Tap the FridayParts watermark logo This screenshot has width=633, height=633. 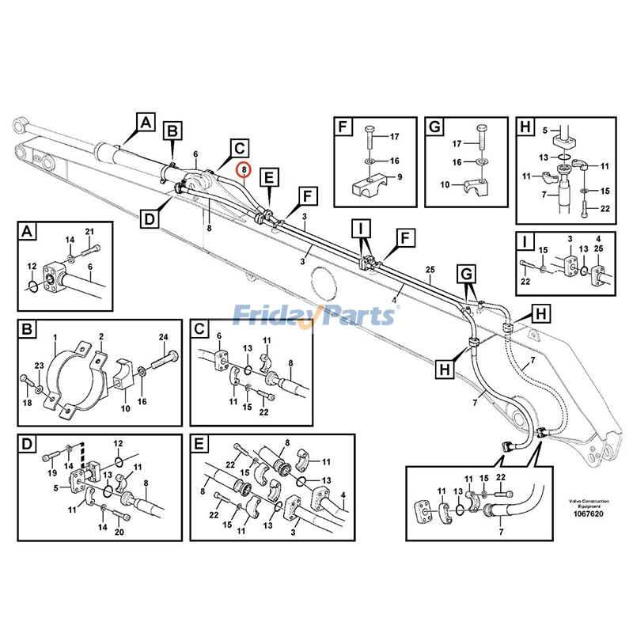click(316, 316)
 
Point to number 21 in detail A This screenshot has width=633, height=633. click(89, 231)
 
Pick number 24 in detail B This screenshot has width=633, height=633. click(163, 338)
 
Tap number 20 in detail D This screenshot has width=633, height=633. click(120, 532)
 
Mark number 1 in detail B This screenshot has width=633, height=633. click(55, 338)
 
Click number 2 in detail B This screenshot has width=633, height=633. click(101, 337)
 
